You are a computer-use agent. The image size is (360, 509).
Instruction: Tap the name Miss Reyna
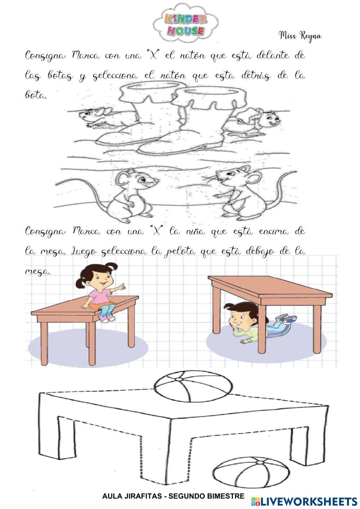pyautogui.click(x=300, y=36)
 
